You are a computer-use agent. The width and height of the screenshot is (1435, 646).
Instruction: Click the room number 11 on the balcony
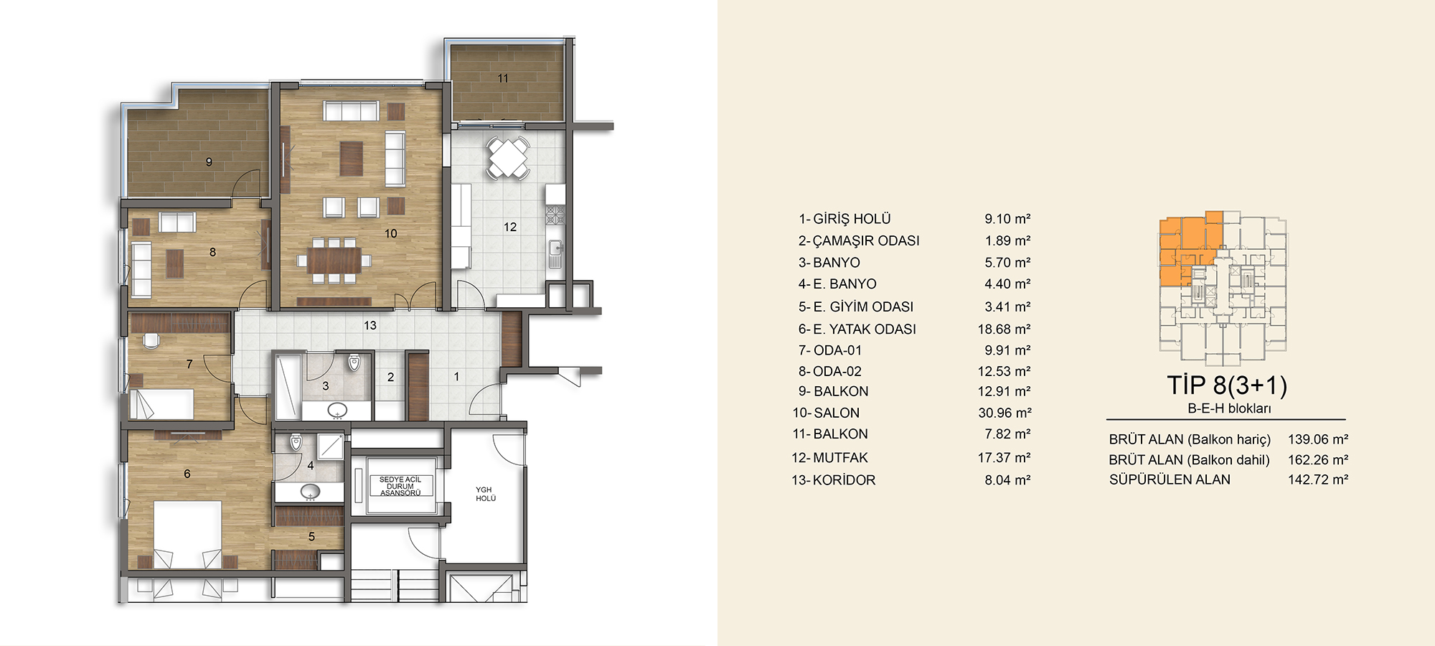point(503,78)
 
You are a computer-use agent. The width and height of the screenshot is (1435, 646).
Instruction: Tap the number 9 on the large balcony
point(209,162)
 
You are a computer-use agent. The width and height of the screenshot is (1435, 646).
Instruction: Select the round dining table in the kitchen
point(509,158)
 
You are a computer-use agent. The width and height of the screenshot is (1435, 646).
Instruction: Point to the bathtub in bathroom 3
point(287,385)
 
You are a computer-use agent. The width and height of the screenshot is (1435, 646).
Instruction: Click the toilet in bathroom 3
point(354,361)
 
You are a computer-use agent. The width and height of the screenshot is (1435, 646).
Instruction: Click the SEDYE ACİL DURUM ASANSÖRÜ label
point(400,486)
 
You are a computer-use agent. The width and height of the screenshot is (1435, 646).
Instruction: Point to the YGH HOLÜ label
point(486,494)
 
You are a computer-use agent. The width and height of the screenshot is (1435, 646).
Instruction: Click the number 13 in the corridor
point(370,325)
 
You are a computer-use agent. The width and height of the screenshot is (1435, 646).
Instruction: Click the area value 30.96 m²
point(1004,413)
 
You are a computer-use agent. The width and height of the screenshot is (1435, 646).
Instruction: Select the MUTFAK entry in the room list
point(840,458)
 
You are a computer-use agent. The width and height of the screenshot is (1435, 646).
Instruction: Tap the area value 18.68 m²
point(1004,329)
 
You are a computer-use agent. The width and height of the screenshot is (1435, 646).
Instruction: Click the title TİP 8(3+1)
point(1227,385)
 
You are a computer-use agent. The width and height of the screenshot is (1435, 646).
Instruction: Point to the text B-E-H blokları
point(1229,408)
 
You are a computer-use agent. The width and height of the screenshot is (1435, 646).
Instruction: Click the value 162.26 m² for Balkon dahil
point(1318,460)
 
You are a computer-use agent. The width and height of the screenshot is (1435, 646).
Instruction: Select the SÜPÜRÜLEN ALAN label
point(1170,479)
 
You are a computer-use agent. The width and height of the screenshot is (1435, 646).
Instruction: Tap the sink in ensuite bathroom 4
point(310,492)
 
